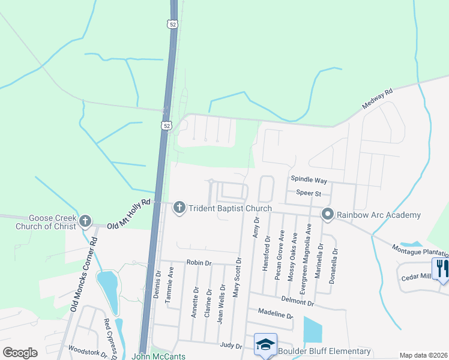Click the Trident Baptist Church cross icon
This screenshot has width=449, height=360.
tap(178, 208)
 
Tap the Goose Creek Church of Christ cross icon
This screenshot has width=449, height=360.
tap(85, 221)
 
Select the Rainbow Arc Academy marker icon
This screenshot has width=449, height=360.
tap(327, 214)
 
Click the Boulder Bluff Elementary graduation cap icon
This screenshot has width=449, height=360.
tap(265, 344)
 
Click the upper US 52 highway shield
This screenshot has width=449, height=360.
tap(173, 24)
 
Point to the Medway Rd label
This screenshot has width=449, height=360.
tap(377, 99)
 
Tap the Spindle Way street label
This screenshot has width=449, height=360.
tap(309, 180)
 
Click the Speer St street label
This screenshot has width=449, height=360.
tap(309, 193)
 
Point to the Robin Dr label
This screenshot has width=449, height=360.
tap(199, 263)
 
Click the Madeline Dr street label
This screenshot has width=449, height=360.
tap(275, 314)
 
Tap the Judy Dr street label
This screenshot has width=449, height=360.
tap(231, 346)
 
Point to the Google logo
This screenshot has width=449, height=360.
tap(20, 353)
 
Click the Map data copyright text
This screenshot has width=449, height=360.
tap(423, 355)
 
